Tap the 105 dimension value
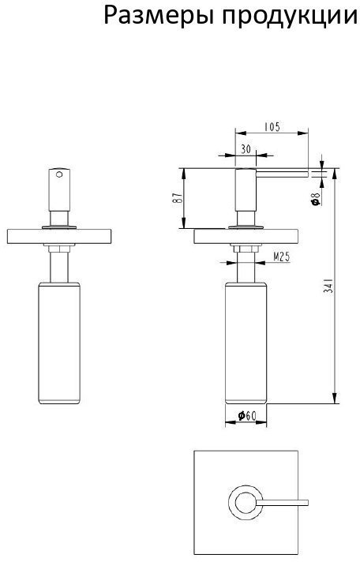click(x=272, y=127)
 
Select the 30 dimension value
click(x=246, y=149)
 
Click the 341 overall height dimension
click(x=328, y=286)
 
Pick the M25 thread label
click(x=282, y=257)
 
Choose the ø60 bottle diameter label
click(x=247, y=416)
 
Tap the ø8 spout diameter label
click(x=316, y=199)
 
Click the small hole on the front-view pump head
click(x=59, y=174)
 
